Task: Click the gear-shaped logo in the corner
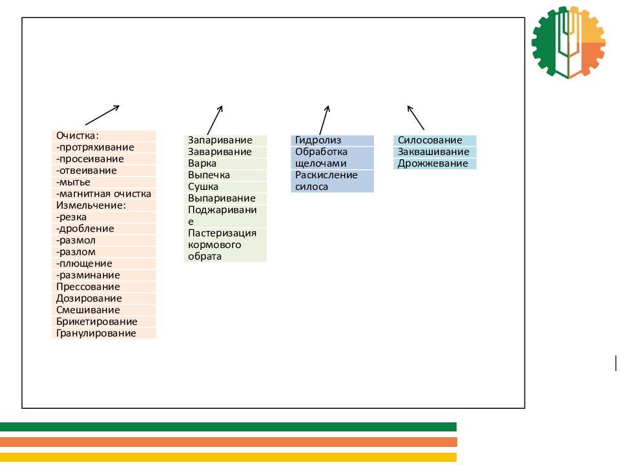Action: point(568,42)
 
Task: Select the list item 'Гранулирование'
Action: point(103,333)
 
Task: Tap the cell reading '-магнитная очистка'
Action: point(103,194)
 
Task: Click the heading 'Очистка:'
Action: point(103,136)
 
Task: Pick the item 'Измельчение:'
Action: point(103,205)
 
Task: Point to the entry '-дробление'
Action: point(103,229)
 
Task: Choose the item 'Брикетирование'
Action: point(103,322)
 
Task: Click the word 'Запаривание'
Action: point(225,140)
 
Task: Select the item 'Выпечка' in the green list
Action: point(225,175)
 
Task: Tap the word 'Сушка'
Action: point(225,187)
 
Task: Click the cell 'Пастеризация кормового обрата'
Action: point(225,245)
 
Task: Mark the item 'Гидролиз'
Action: point(332,140)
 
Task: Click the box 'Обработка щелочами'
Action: point(332,158)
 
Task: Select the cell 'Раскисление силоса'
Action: point(332,181)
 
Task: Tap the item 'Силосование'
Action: point(435,140)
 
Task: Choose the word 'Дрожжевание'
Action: point(435,163)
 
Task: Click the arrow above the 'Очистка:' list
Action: point(102,115)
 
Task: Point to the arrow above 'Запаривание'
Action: point(215,119)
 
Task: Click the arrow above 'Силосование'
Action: point(415,117)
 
